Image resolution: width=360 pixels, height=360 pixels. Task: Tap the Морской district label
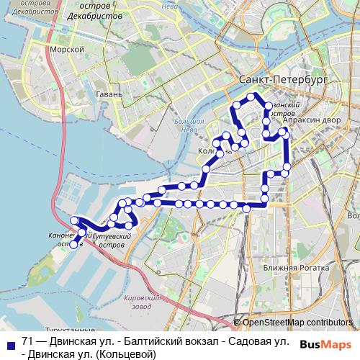pos(68,49)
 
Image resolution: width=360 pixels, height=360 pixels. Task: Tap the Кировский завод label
pos(141,302)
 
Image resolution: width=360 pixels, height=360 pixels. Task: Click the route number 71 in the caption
pos(28,340)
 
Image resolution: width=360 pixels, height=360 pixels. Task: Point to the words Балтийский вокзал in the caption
pos(162,340)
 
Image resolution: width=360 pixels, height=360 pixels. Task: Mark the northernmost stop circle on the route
pos(251,96)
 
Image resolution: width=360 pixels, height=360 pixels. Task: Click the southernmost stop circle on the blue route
pos(74,246)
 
